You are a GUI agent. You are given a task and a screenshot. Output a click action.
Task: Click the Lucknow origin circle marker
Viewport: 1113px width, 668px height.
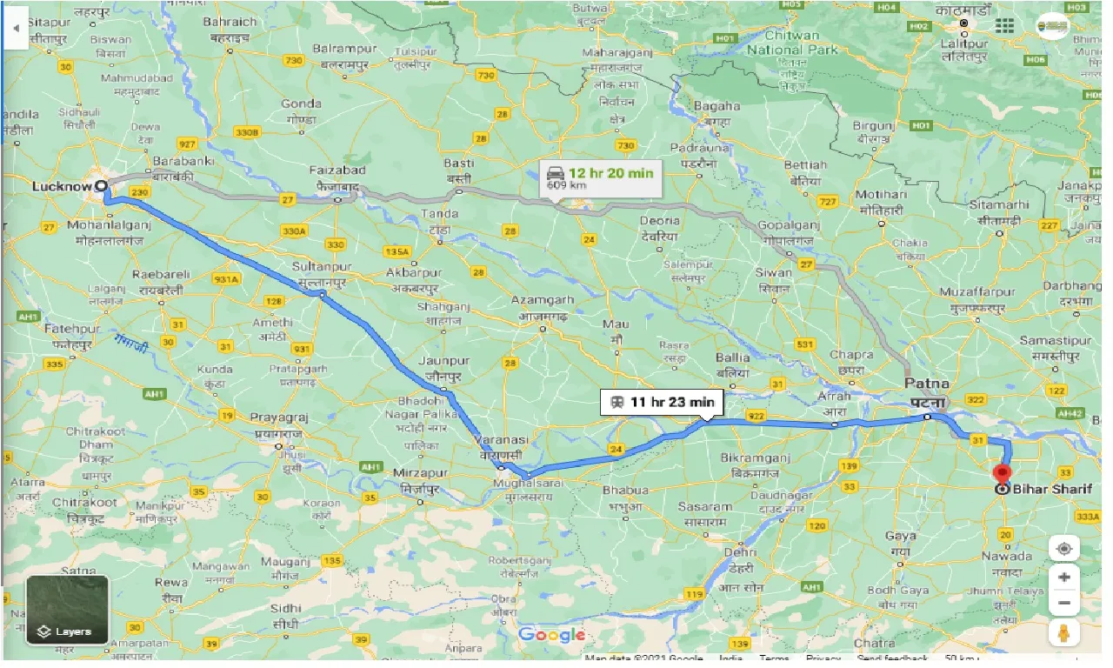point(102,185)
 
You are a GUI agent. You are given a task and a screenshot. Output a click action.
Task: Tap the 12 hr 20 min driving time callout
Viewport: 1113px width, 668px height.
point(600,178)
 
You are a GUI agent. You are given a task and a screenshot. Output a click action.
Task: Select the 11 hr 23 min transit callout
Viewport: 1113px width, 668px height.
point(662,402)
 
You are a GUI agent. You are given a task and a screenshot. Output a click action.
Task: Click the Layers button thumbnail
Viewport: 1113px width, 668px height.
point(67,610)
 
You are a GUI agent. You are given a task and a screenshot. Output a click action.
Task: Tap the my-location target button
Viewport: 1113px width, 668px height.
point(1063,549)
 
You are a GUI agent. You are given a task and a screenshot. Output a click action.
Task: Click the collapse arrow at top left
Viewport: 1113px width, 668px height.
point(16,28)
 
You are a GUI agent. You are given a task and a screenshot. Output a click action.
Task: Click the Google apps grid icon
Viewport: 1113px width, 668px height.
point(1004,26)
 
